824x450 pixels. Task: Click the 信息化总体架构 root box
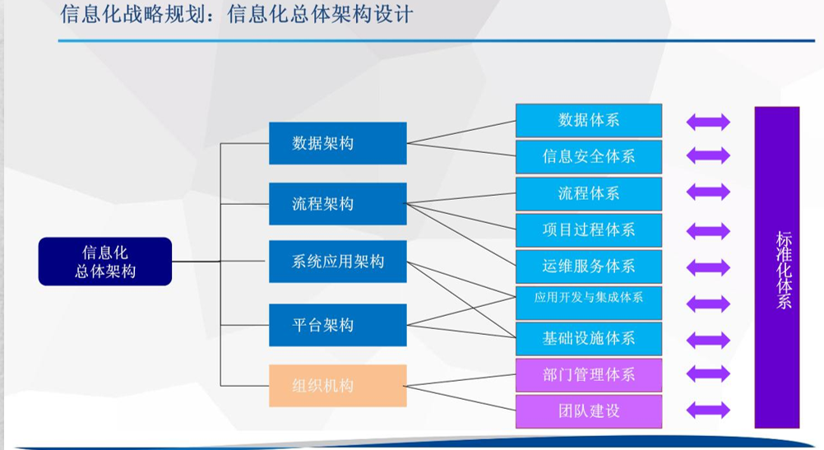click(x=104, y=261)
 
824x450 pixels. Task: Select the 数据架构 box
click(x=337, y=143)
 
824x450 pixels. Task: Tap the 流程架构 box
click(x=337, y=203)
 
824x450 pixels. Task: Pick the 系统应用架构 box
click(x=337, y=262)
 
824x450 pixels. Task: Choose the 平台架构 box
click(x=337, y=324)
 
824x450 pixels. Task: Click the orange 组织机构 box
click(x=337, y=385)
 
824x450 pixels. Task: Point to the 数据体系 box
click(x=588, y=120)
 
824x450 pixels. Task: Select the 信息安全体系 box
click(x=588, y=156)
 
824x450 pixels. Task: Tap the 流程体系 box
click(x=588, y=193)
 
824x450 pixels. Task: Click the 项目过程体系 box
click(x=588, y=230)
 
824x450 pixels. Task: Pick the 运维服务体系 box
click(x=588, y=266)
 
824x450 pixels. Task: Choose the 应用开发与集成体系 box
click(x=588, y=301)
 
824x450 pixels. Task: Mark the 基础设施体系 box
click(x=588, y=338)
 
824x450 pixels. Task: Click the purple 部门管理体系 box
click(x=588, y=375)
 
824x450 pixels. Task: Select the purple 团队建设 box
click(x=588, y=411)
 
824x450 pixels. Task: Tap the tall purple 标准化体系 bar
click(x=776, y=267)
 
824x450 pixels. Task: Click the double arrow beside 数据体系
click(x=708, y=122)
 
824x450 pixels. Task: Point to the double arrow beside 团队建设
click(x=708, y=410)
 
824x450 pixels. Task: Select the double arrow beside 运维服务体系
click(x=708, y=267)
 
